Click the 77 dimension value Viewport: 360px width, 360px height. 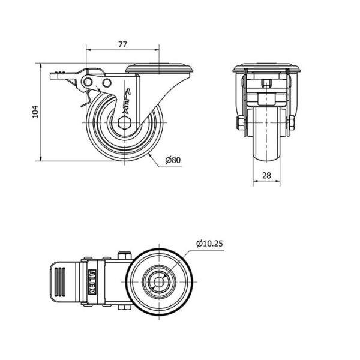[122, 44]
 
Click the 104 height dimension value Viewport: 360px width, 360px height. [35, 112]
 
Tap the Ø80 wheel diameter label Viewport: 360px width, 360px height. [173, 160]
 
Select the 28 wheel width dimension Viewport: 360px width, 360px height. [266, 175]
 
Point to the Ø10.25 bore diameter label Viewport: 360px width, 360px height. [209, 244]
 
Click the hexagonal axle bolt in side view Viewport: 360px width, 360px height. [124, 123]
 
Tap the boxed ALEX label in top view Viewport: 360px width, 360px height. [92, 282]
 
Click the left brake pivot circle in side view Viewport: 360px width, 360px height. [88, 82]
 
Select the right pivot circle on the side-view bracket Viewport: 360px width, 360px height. [107, 83]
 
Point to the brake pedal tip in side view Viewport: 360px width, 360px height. [53, 76]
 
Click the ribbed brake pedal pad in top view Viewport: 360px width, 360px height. [60, 282]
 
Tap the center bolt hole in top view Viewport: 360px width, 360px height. [159, 281]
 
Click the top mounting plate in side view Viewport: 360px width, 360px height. [160, 68]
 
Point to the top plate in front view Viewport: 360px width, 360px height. [266, 68]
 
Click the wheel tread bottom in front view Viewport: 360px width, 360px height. [266, 158]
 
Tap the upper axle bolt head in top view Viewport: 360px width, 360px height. [124, 256]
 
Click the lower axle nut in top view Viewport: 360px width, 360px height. [124, 308]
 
